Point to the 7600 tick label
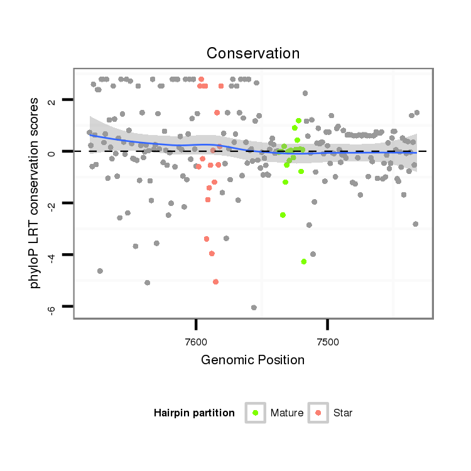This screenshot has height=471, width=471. (x=197, y=342)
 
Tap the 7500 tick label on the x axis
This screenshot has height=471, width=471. (x=328, y=342)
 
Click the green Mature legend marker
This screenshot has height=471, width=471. (x=256, y=413)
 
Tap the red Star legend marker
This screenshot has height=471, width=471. (x=318, y=413)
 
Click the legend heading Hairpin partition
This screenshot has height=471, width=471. (x=194, y=413)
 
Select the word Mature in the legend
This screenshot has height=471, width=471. (x=287, y=413)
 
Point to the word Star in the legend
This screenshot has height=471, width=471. (x=343, y=413)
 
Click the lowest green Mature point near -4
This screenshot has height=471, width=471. (x=303, y=261)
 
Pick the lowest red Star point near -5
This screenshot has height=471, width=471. (x=215, y=282)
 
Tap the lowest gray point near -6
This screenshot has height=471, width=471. (x=254, y=307)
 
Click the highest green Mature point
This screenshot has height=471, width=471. (x=298, y=121)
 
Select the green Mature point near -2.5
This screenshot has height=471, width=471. (x=283, y=215)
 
